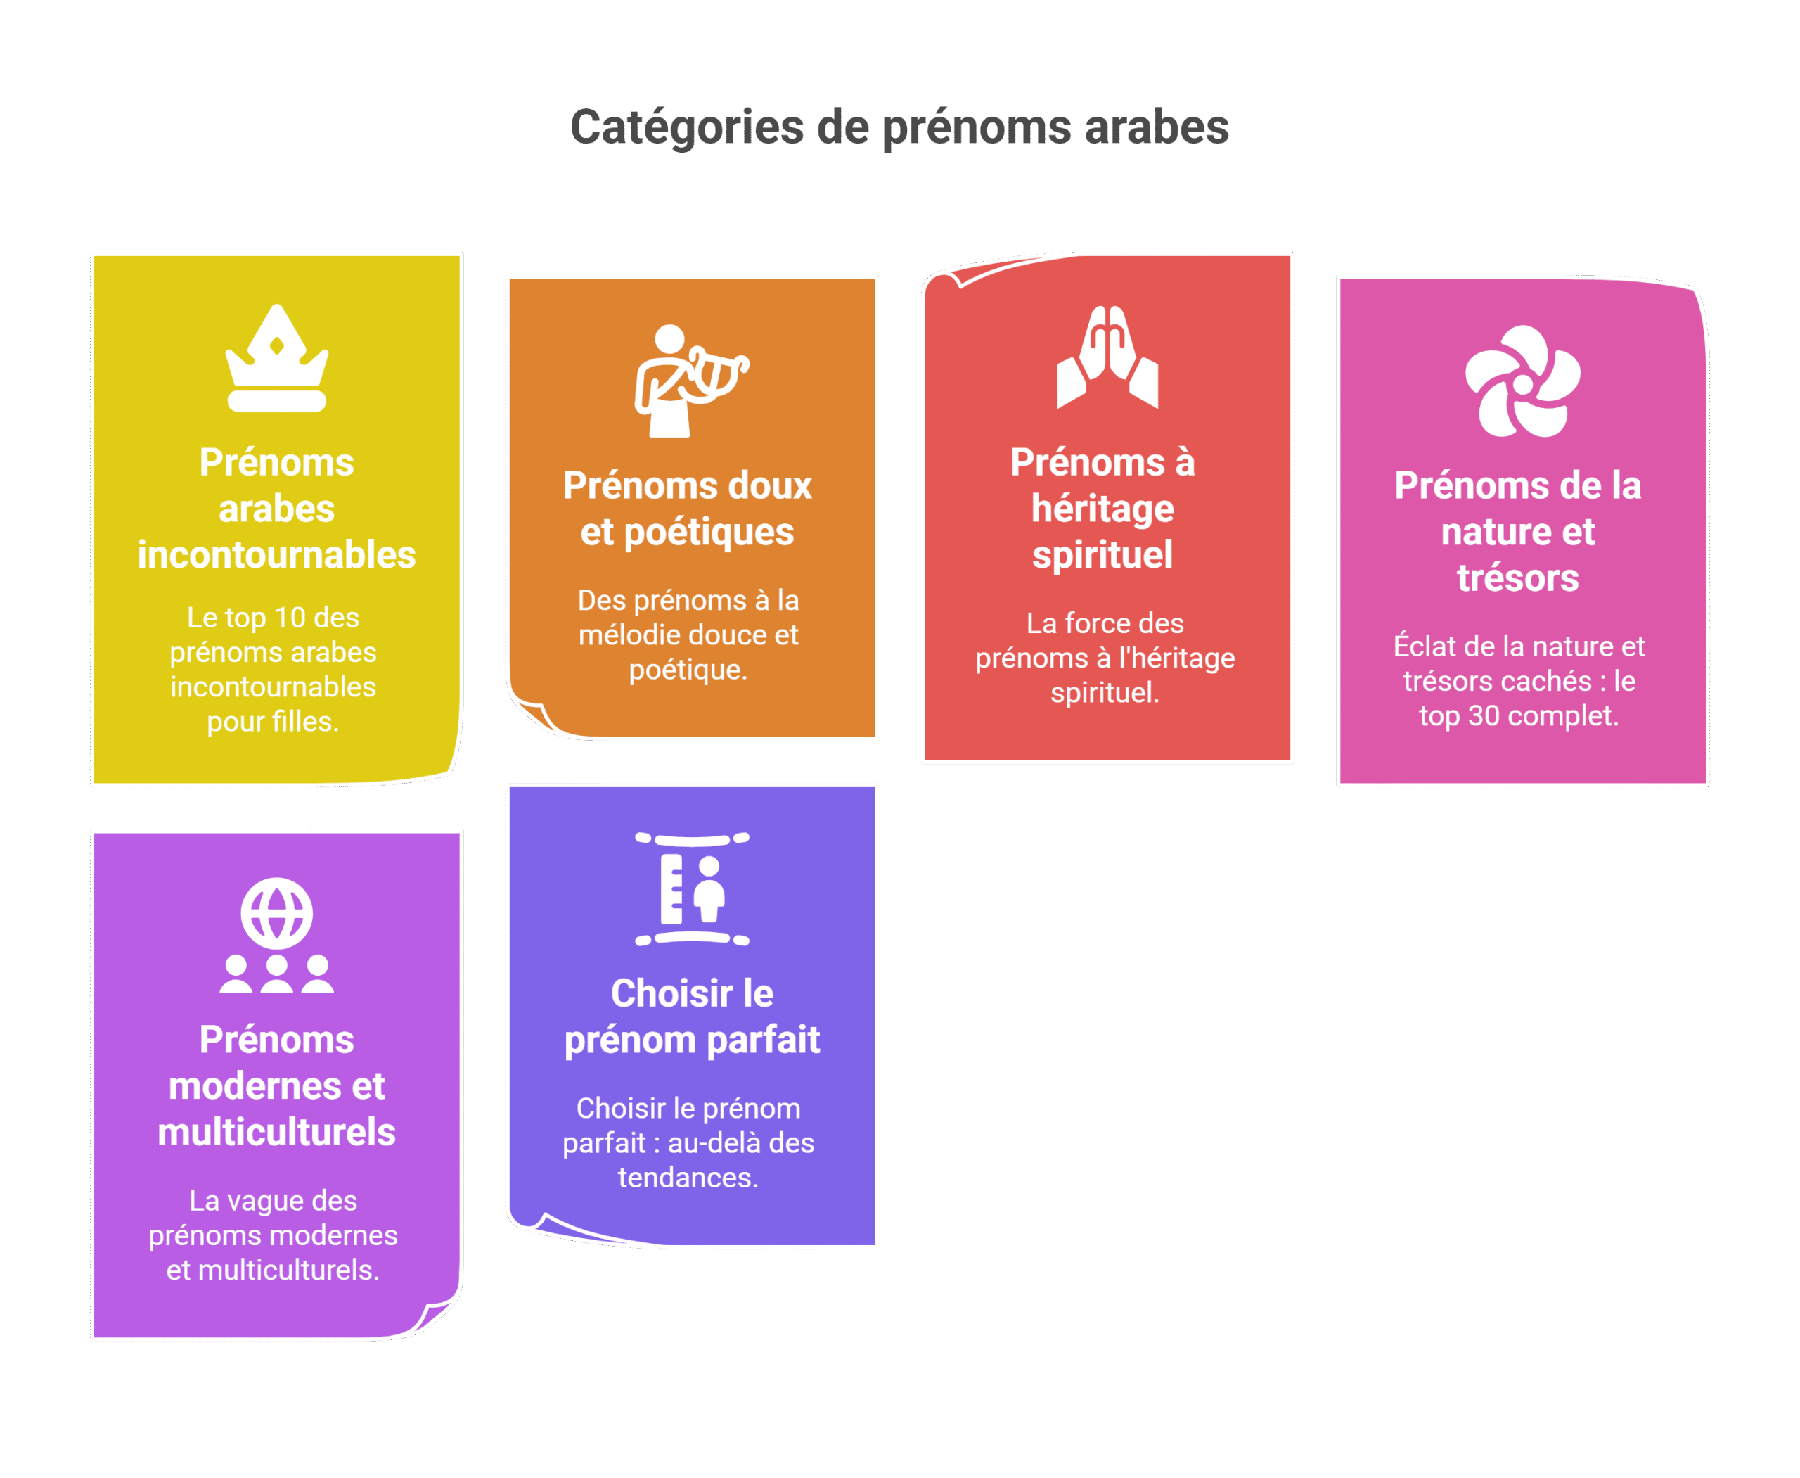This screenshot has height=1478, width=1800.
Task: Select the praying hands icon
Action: (x=1107, y=357)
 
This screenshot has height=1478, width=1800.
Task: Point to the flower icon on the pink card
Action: (x=1522, y=381)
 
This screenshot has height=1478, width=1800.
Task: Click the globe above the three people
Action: (x=276, y=914)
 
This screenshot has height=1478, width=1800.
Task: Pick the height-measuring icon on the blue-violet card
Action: (x=692, y=889)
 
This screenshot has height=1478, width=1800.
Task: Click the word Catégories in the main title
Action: (x=687, y=128)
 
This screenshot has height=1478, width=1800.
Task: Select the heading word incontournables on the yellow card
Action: (x=276, y=555)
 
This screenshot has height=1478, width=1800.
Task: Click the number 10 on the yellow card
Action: (x=290, y=617)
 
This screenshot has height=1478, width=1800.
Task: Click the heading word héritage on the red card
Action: (x=1103, y=510)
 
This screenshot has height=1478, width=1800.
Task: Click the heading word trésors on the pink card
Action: (x=1518, y=578)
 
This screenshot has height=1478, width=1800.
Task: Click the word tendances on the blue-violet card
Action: (x=688, y=1178)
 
